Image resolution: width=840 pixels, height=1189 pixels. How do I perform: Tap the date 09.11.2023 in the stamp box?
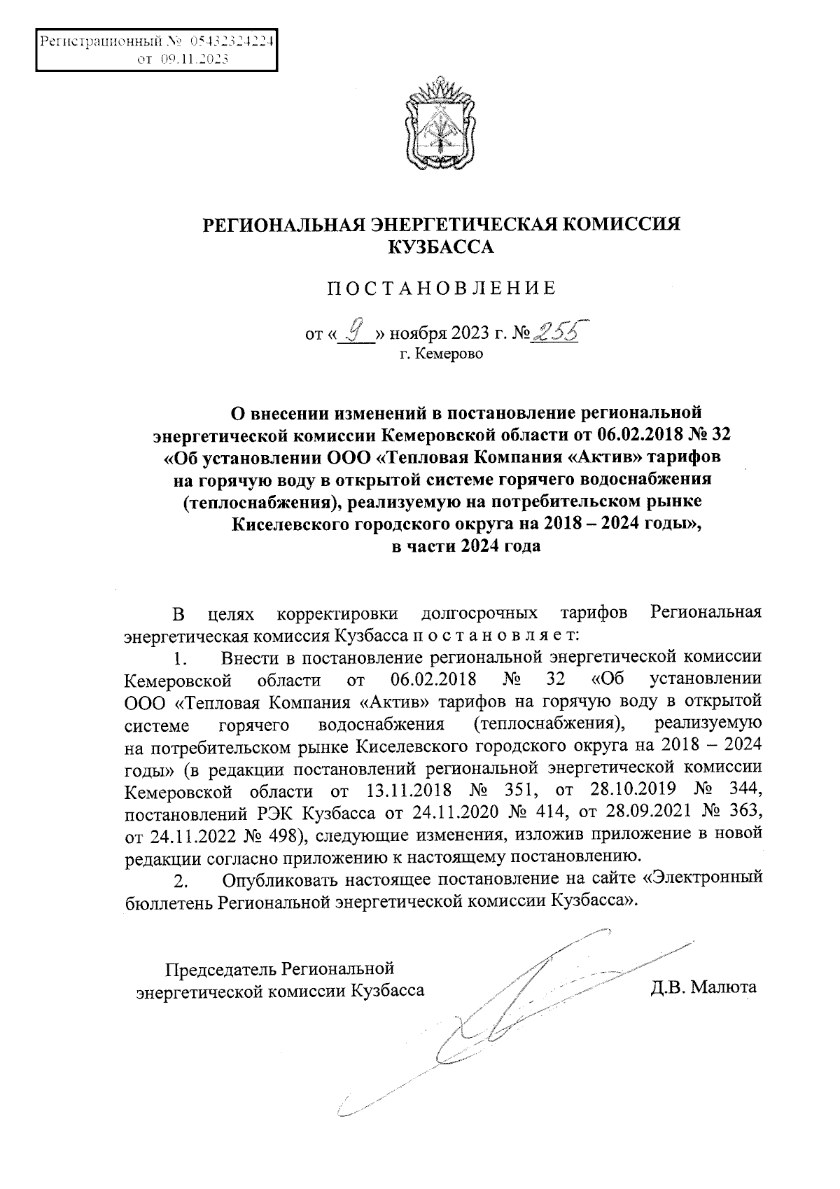193,60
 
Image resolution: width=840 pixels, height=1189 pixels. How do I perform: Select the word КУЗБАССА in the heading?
441,247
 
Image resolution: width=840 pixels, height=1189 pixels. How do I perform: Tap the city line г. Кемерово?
441,354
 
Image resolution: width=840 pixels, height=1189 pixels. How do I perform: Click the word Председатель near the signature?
220,969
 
